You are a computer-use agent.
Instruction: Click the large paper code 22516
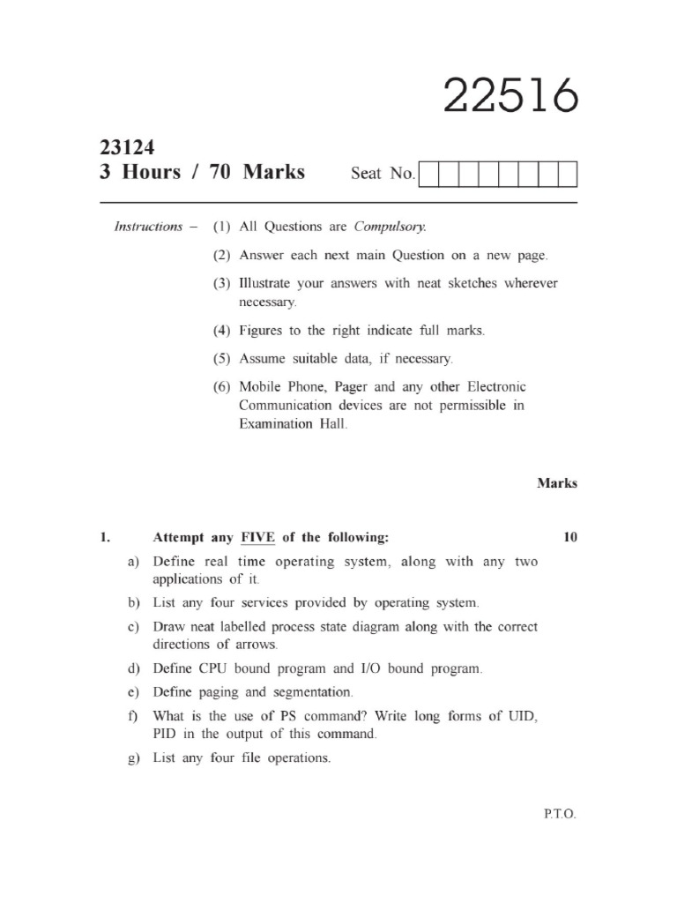click(x=510, y=96)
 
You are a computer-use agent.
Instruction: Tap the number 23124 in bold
click(x=128, y=148)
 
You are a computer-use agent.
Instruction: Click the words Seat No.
click(x=383, y=174)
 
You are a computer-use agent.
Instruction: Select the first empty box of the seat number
click(x=428, y=174)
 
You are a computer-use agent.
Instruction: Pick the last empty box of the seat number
click(x=568, y=174)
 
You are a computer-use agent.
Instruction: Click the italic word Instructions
click(x=149, y=227)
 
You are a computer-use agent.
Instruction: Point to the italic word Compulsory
click(x=390, y=227)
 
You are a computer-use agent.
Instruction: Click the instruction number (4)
click(x=220, y=331)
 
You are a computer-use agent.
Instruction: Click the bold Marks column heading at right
click(x=557, y=483)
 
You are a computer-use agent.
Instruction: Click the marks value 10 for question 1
click(x=569, y=537)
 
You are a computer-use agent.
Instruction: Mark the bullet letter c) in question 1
click(x=134, y=628)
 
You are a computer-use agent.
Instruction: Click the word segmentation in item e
click(x=310, y=692)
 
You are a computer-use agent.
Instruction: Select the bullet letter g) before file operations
click(x=134, y=758)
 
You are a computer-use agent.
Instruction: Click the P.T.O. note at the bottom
click(x=559, y=815)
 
